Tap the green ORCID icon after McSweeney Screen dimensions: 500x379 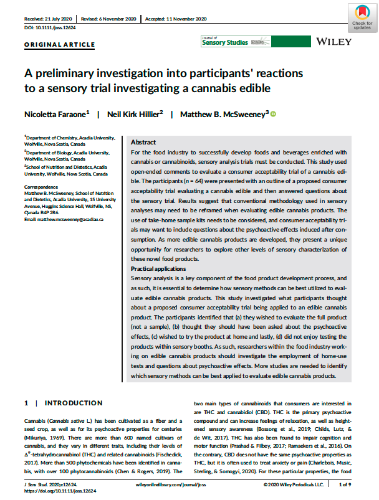pos(273,114)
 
